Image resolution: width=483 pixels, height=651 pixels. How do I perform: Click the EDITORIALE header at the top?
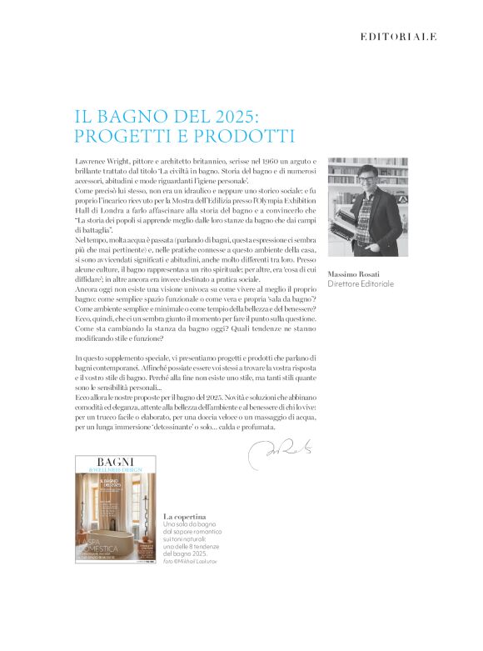pyautogui.click(x=398, y=37)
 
